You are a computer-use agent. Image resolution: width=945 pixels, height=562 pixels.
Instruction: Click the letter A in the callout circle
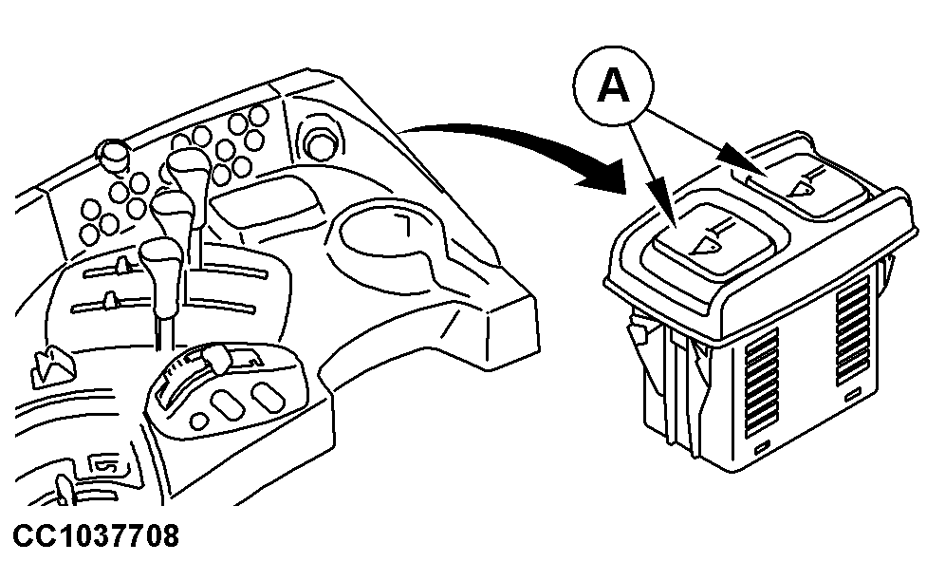(613, 85)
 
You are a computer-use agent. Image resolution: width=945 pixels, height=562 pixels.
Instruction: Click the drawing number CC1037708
(96, 535)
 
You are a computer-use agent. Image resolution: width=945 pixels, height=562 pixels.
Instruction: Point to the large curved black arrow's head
(602, 176)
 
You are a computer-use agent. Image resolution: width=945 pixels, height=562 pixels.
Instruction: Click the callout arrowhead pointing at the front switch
(667, 213)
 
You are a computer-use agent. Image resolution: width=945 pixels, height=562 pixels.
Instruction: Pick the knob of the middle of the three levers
(173, 210)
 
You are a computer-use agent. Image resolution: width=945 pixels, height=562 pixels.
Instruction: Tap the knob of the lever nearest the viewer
(161, 257)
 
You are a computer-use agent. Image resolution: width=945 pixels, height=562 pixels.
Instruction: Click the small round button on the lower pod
(199, 419)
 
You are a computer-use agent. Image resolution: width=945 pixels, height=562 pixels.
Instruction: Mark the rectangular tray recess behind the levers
(265, 201)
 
